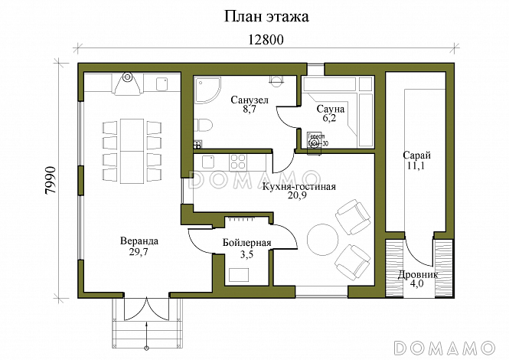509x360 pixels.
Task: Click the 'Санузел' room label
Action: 250,100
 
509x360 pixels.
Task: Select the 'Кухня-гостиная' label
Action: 299,186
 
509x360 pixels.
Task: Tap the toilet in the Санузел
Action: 202,125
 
